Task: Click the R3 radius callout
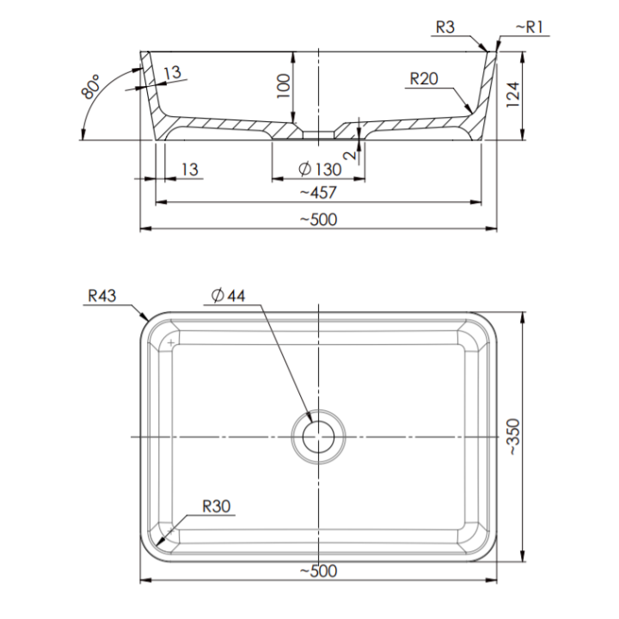click(445, 27)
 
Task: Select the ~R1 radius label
click(530, 27)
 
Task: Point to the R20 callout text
click(424, 78)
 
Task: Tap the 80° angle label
click(90, 87)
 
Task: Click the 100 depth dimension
click(284, 86)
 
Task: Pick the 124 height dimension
click(512, 95)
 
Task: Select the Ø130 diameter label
click(320, 169)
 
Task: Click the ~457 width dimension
click(318, 193)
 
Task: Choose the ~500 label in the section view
click(319, 219)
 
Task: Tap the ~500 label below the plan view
click(319, 571)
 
